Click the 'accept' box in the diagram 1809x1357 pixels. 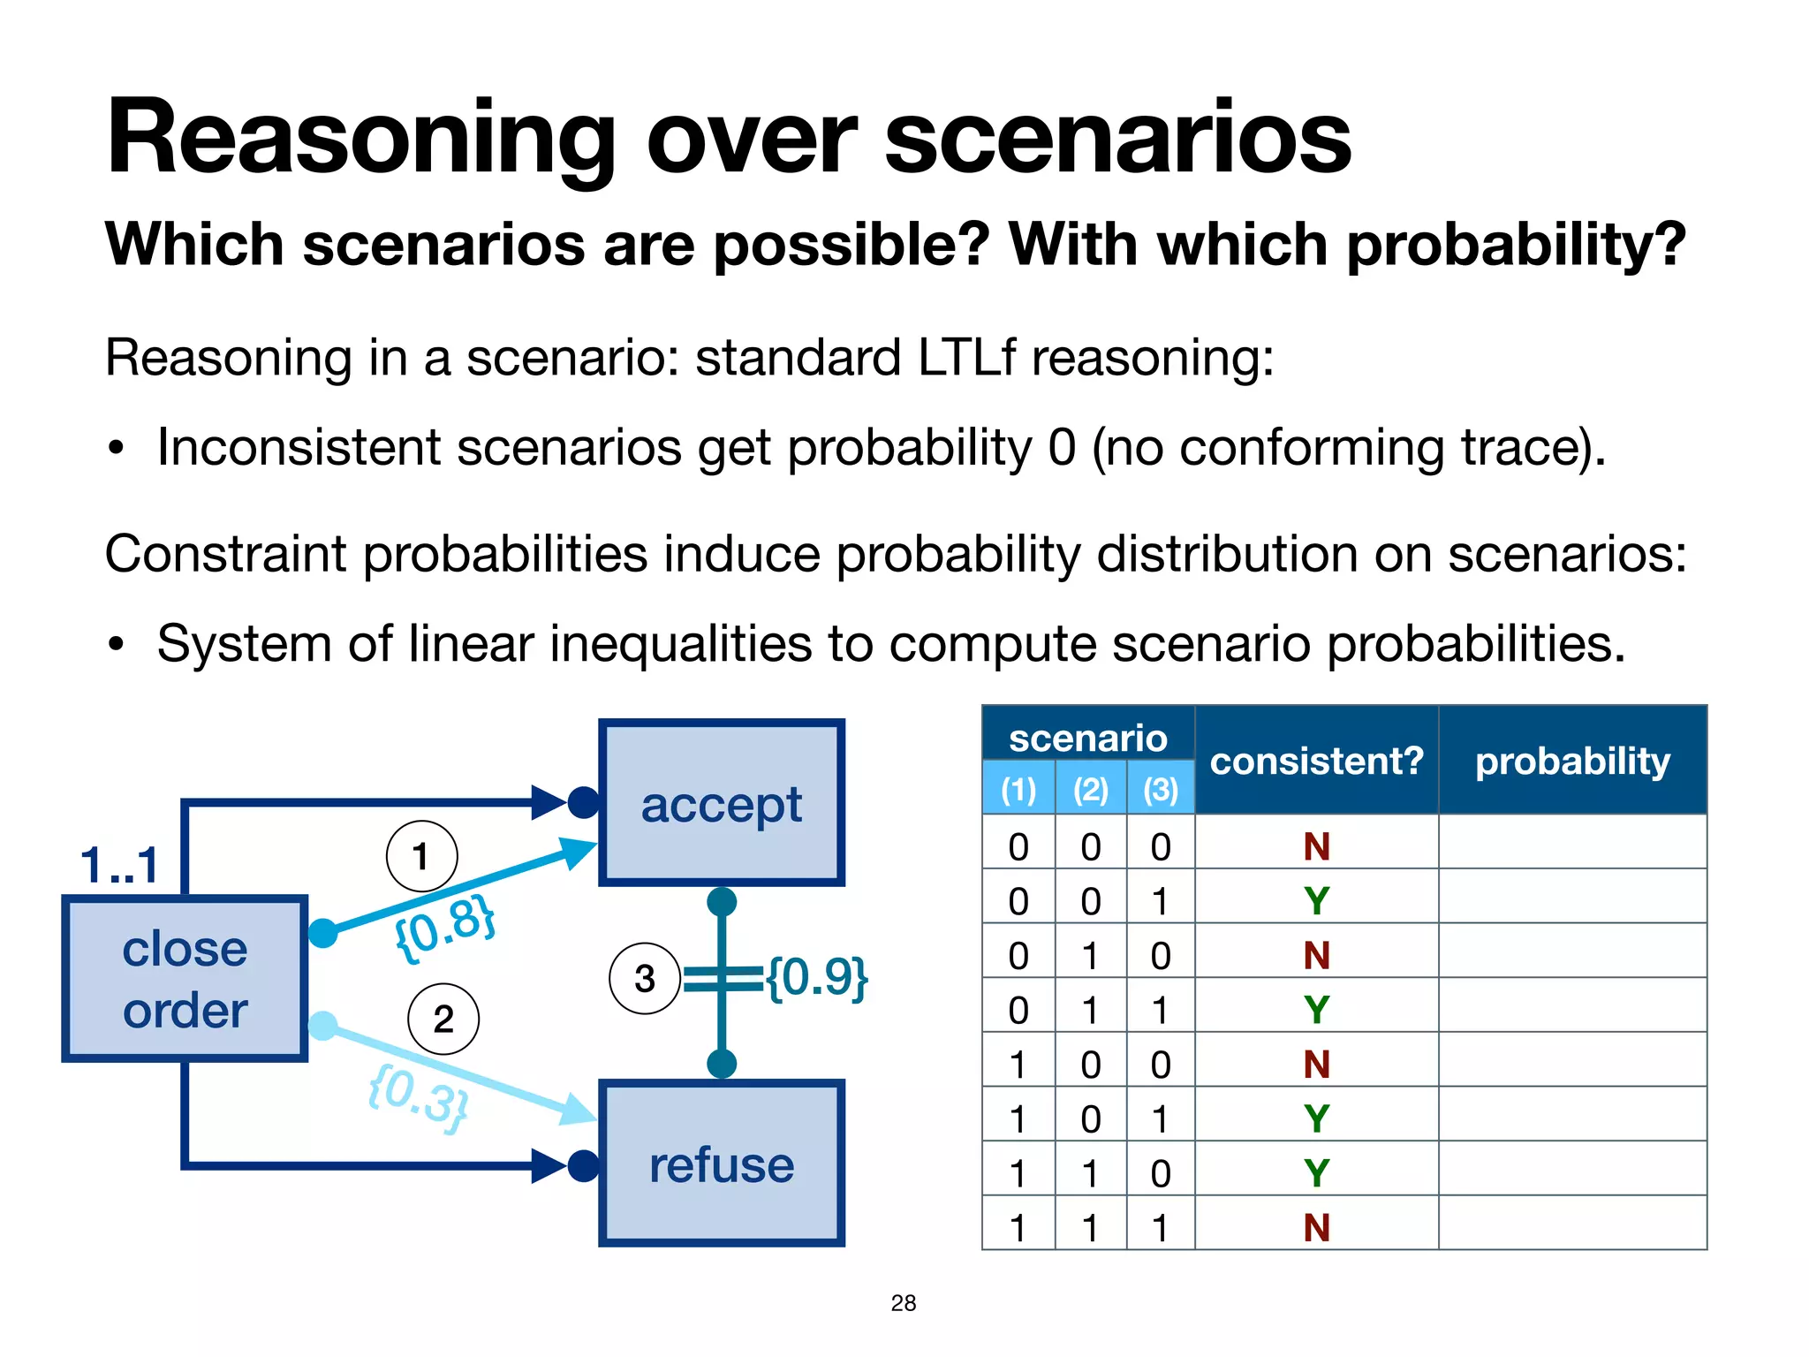tap(721, 803)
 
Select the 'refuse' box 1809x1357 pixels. tap(721, 1164)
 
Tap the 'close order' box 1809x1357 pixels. tap(185, 978)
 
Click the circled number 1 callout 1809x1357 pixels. tap(421, 855)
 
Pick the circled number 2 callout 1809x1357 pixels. tap(443, 1019)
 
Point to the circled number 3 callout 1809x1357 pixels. tap(644, 978)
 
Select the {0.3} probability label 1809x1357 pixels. tap(418, 1098)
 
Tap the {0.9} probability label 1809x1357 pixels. tap(817, 977)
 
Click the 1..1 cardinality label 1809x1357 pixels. tap(119, 864)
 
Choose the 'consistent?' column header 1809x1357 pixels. tap(1316, 761)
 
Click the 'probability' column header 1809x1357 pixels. tap(1572, 761)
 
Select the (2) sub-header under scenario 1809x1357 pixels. tap(1090, 789)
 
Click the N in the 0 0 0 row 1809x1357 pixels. tap(1316, 846)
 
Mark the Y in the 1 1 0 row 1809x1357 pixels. tap(1316, 1173)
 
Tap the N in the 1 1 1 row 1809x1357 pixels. tap(1316, 1227)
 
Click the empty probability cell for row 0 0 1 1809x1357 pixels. tap(1572, 900)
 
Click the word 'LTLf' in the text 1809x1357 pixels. tap(967, 358)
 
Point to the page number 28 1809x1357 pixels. tap(903, 1302)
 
